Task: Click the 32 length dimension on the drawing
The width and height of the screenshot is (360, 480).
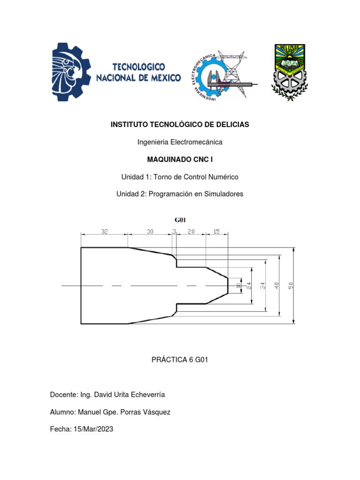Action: (104, 231)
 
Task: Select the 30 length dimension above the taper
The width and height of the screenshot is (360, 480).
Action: (150, 231)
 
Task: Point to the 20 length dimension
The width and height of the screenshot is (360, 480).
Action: (191, 231)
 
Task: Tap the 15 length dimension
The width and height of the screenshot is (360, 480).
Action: (216, 231)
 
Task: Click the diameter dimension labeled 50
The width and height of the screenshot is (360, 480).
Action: (291, 285)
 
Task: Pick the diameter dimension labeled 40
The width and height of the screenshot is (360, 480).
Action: (277, 285)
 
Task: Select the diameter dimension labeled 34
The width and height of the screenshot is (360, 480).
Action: (263, 285)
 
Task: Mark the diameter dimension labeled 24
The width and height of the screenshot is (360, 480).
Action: (250, 285)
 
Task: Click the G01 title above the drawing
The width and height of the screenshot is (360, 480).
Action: (180, 219)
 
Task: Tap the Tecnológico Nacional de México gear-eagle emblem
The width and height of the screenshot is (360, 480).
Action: (71, 72)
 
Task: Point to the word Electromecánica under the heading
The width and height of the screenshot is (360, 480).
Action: (197, 142)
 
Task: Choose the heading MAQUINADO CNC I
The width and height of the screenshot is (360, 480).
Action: (180, 159)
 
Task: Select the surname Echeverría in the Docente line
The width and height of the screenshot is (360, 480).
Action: (145, 395)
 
